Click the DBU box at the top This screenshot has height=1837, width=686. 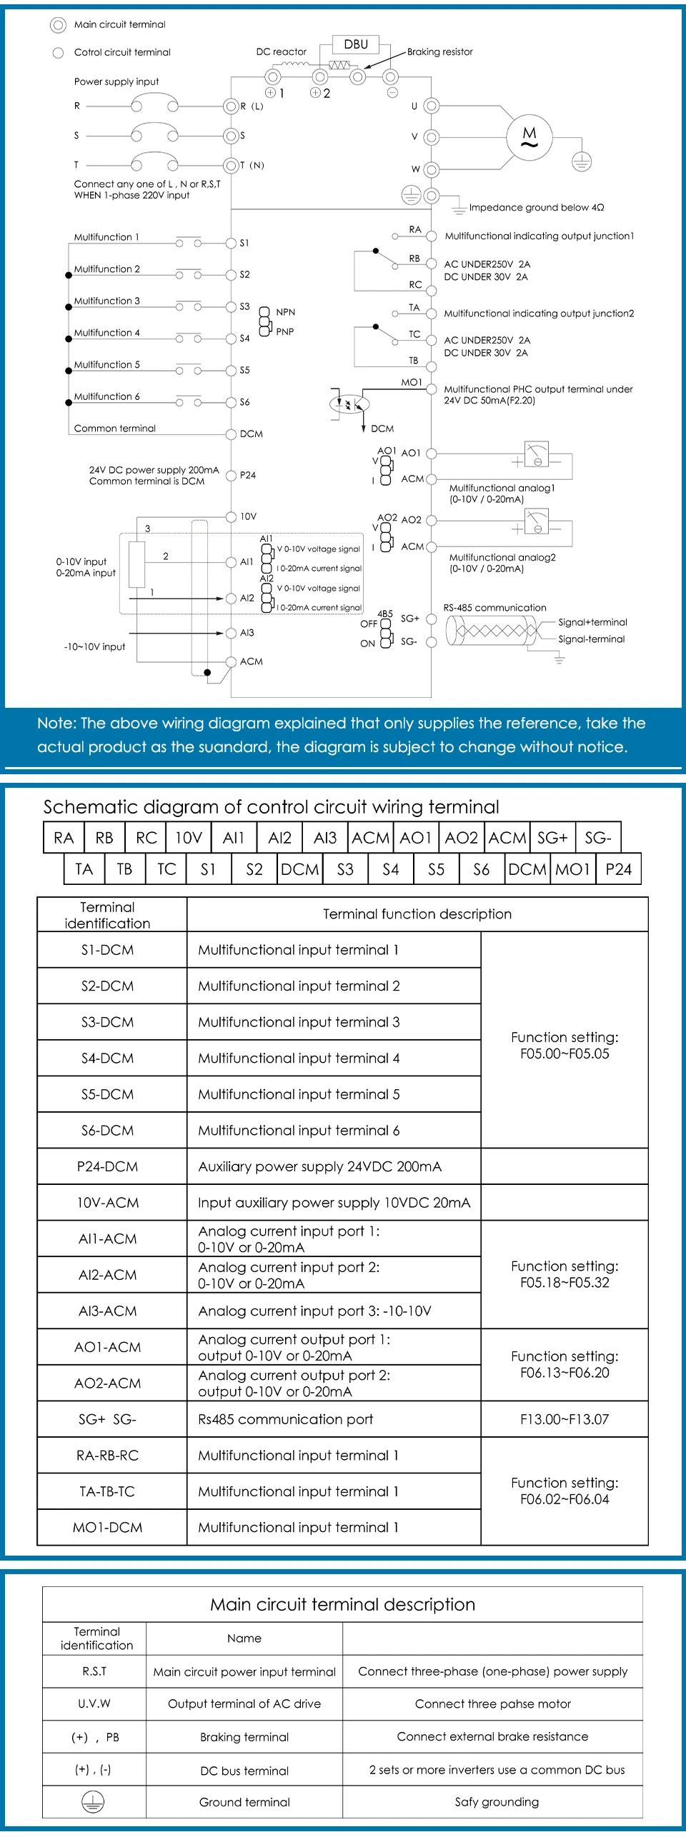pos(356,44)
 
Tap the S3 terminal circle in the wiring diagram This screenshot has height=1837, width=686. pos(231,307)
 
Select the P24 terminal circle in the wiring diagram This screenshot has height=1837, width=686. pos(231,476)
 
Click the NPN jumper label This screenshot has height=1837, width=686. pos(285,312)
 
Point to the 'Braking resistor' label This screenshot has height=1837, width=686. pos(439,52)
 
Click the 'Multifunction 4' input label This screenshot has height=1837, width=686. pos(107,333)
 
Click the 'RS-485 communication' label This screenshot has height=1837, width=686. pos(494,608)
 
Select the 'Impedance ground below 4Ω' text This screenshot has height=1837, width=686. pos(536,208)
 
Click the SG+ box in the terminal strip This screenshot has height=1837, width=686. pos(552,838)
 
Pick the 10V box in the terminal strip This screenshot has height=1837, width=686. pos(189,838)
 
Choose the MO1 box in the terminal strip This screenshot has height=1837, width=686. pos(573,869)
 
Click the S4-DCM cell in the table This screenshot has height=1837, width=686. pos(107,1058)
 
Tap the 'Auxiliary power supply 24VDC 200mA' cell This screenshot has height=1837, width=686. pos(319,1166)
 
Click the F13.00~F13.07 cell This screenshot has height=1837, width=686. pos(565,1419)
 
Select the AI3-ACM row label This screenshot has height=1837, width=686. pos(107,1311)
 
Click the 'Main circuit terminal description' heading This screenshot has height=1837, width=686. pos(342,1605)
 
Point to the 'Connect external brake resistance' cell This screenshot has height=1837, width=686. pos(492,1737)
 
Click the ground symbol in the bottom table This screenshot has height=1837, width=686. pos(93,1802)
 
